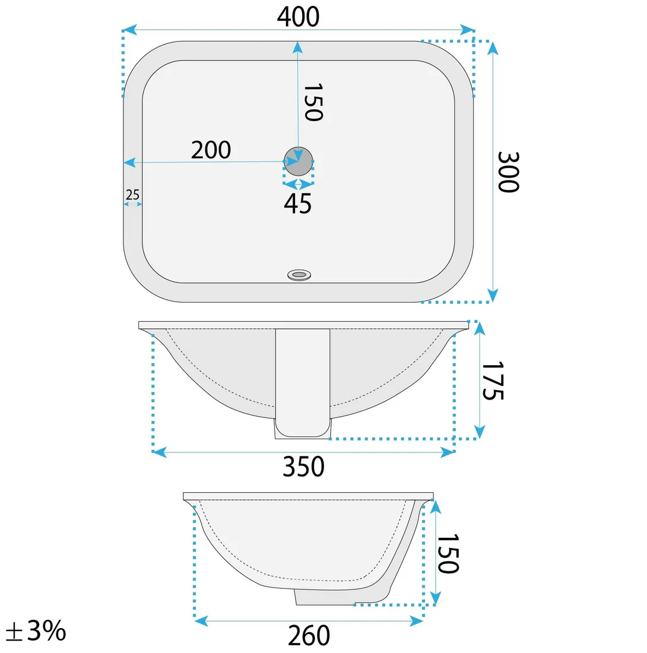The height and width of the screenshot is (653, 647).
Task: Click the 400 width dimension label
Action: (x=298, y=17)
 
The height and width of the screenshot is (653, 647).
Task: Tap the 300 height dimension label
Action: (x=508, y=172)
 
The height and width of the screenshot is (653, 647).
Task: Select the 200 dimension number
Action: (x=211, y=150)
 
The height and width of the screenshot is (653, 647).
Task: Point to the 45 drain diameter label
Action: (x=298, y=204)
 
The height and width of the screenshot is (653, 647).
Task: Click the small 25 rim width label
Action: (x=133, y=195)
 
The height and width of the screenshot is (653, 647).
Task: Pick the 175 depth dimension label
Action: (x=493, y=380)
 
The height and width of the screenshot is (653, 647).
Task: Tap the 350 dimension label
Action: (x=303, y=467)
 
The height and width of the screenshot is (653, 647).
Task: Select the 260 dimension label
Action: (x=309, y=635)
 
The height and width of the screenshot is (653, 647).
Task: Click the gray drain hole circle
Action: (x=298, y=161)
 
